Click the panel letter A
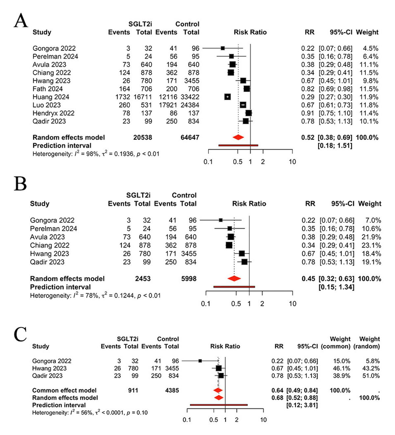21,21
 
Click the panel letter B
20,183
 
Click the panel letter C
20,335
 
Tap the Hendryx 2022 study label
53,113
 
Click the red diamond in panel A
238,137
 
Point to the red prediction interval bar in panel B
234,287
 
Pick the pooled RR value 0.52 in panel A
308,137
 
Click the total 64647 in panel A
190,137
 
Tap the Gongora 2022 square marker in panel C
200,361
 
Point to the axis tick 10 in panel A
292,162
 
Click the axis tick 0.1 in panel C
187,420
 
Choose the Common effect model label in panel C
64,390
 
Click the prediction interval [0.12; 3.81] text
302,405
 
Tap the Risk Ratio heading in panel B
249,204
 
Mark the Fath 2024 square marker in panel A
247,89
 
